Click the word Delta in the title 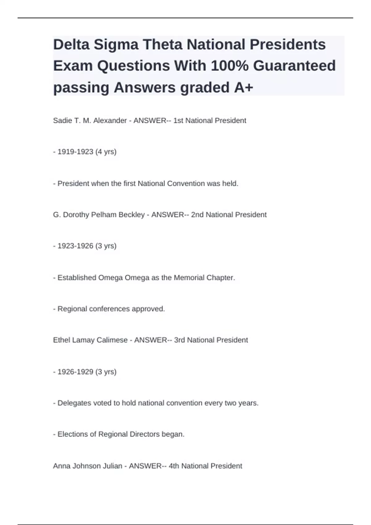(x=71, y=44)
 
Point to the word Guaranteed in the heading (x=294, y=66)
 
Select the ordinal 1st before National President (x=178, y=120)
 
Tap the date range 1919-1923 (x=75, y=152)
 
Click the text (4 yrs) (x=106, y=152)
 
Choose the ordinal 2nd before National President (x=197, y=215)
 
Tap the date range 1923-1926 (x=75, y=246)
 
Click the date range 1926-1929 (x=75, y=372)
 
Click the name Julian (x=113, y=466)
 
